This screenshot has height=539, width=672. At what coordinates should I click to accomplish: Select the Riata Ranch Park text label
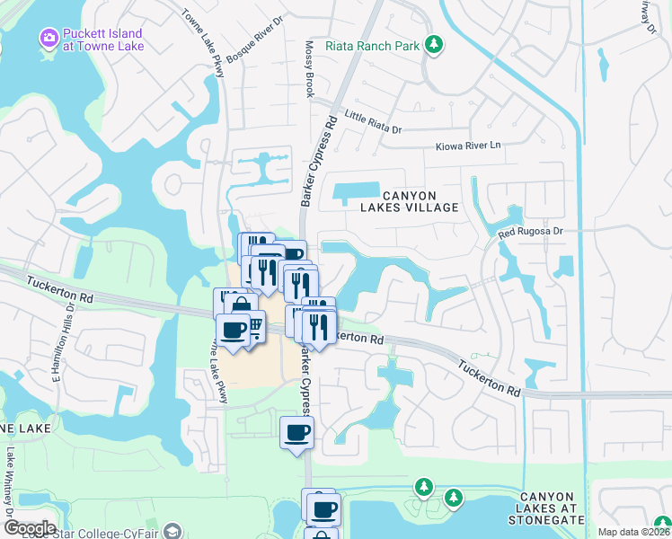[x=375, y=43]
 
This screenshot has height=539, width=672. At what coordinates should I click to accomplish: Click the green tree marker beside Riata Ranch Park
[x=434, y=44]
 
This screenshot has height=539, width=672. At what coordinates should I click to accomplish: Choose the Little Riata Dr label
[x=373, y=123]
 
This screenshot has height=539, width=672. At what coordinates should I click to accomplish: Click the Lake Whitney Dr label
[x=11, y=482]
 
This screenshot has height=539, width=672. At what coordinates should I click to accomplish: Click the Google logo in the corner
[x=29, y=528]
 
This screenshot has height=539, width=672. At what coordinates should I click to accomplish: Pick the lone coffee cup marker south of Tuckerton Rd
[x=296, y=434]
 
